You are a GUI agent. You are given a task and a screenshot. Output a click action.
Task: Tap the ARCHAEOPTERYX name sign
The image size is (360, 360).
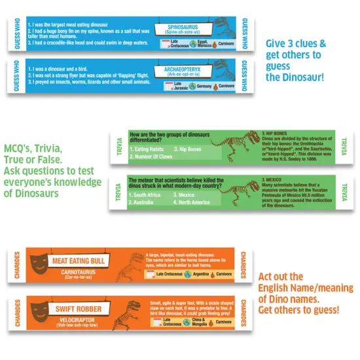tap(177, 68)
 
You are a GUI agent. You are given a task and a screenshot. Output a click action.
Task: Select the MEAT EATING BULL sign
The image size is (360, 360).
tap(81, 262)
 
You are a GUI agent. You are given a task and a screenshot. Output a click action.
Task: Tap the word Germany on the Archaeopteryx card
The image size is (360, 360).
tap(204, 86)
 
